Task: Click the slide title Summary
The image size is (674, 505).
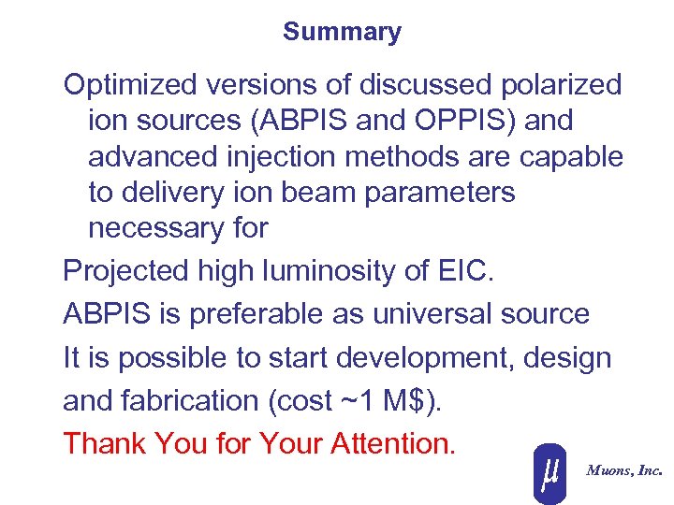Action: pos(342,32)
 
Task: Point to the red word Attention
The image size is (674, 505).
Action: pos(393,443)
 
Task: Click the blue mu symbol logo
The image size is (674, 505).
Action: pos(550,472)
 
